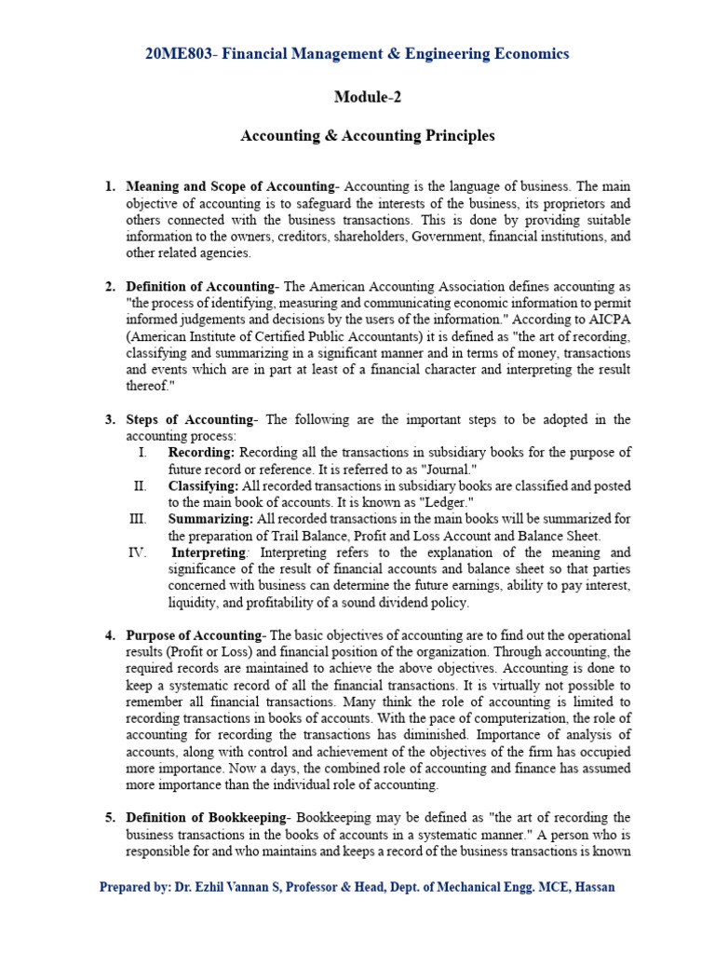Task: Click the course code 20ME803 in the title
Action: coord(177,54)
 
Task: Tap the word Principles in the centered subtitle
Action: coord(456,136)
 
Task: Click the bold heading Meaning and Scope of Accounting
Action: coord(229,186)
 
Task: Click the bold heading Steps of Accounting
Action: coord(190,419)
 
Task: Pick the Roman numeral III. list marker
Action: coord(140,519)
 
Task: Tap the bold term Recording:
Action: coord(201,452)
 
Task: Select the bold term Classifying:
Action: coord(204,485)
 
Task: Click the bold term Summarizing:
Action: coord(210,519)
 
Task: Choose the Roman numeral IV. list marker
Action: coord(138,552)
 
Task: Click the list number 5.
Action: coord(110,818)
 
